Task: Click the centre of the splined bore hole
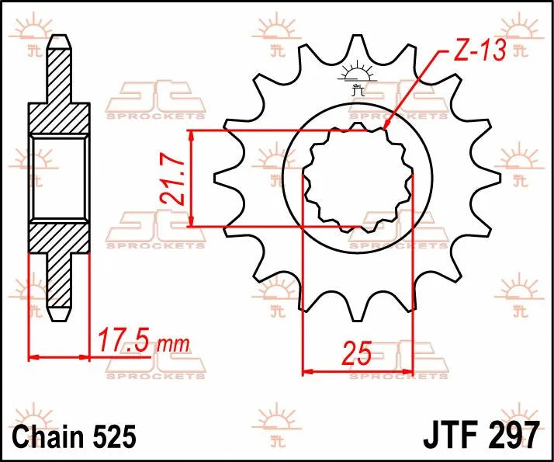pos(357,178)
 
